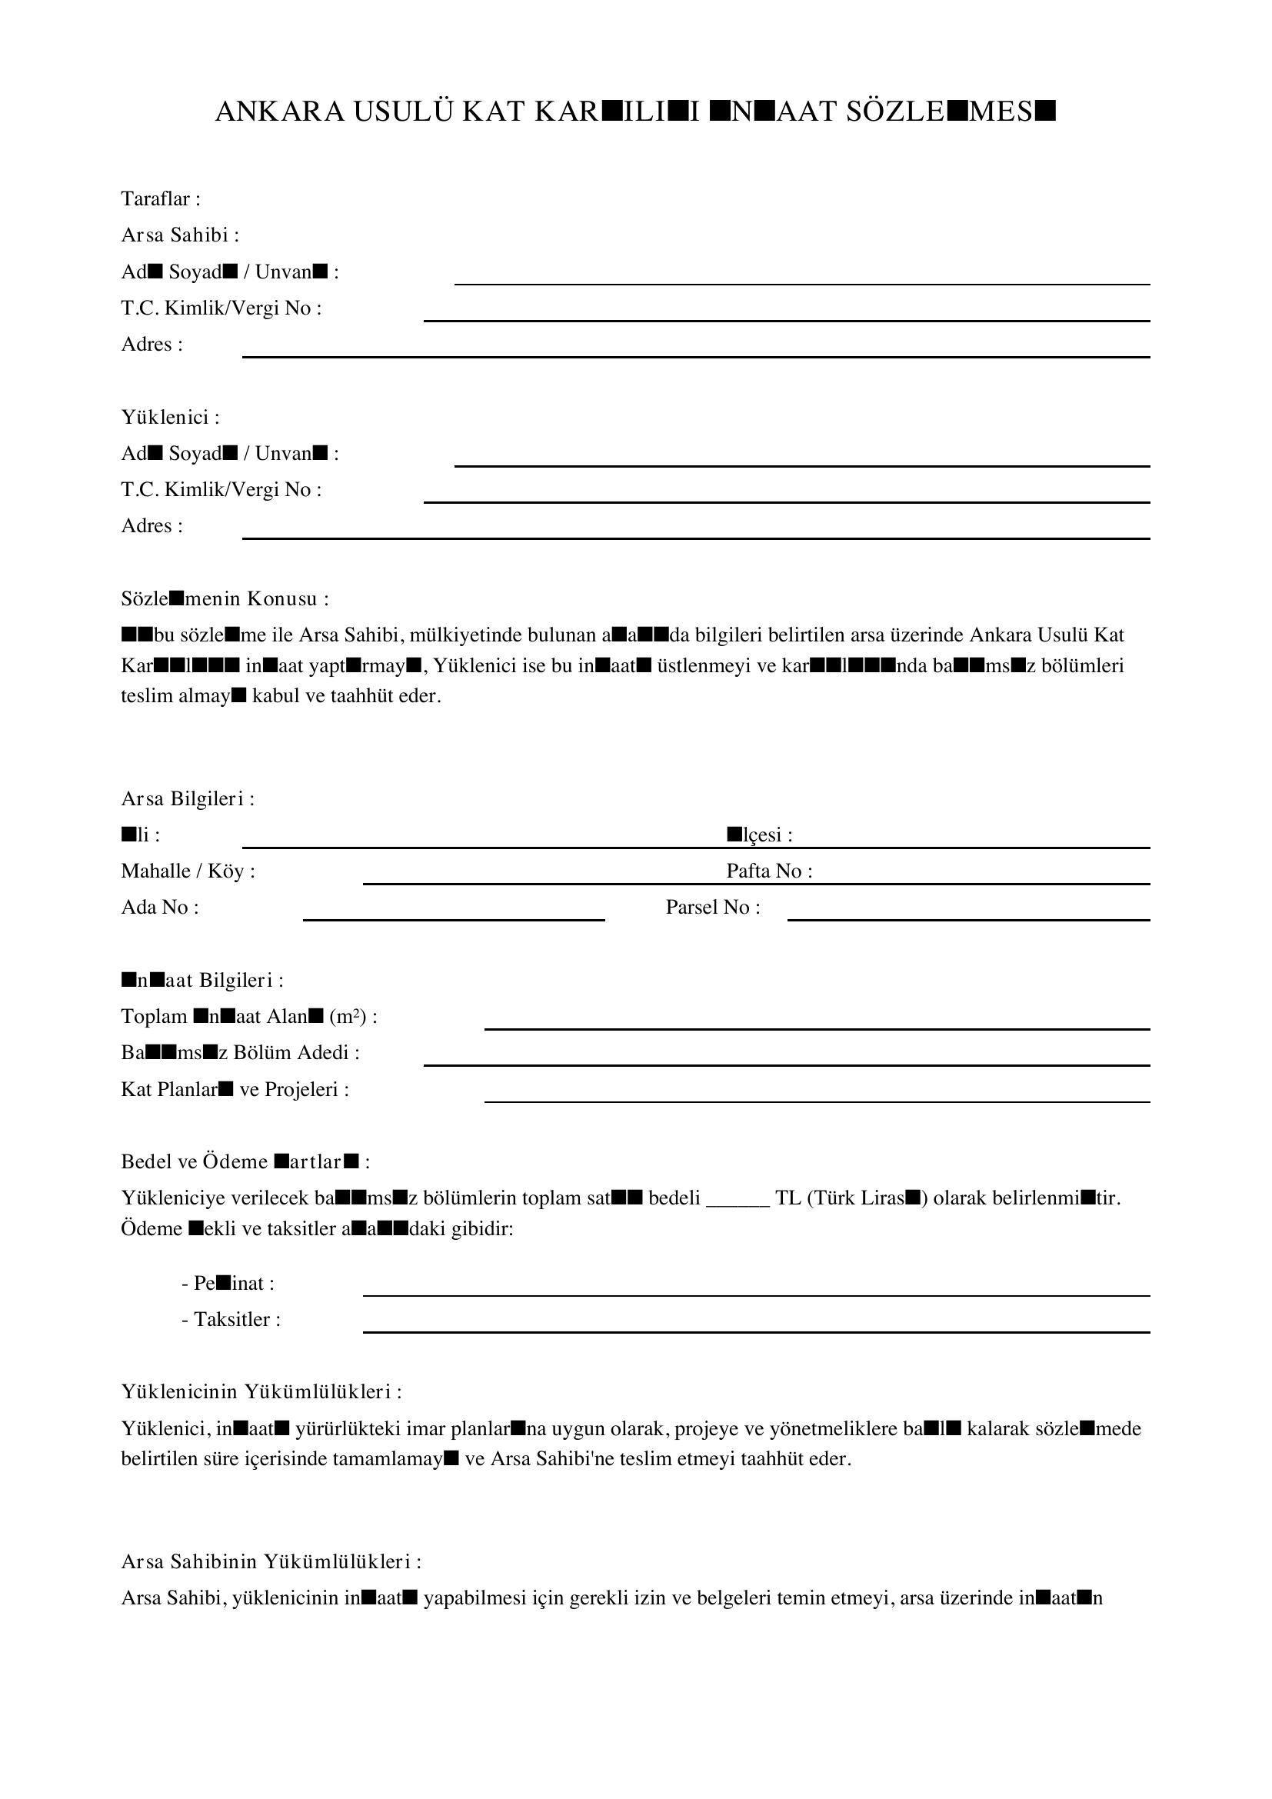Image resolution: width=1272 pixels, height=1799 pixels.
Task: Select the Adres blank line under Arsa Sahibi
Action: (695, 356)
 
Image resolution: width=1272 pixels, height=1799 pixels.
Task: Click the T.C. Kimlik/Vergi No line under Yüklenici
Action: (787, 501)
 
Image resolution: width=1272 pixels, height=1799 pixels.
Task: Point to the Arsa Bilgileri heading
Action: (187, 799)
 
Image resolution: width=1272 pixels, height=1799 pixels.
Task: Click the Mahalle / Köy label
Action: (188, 871)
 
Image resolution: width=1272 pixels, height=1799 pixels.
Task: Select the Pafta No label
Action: (768, 871)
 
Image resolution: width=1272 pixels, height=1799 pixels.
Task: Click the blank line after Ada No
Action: (454, 919)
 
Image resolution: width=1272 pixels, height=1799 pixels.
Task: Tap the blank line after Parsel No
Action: (968, 919)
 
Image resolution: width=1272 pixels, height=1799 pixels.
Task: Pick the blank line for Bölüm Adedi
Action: (787, 1064)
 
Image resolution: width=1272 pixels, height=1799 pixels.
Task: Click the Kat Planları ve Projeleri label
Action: (235, 1090)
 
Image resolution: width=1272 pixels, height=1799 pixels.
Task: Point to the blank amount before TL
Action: (738, 1199)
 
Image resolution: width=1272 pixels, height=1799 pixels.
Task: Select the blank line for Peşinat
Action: (756, 1295)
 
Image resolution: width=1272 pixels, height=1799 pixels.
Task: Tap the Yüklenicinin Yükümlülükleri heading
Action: (261, 1392)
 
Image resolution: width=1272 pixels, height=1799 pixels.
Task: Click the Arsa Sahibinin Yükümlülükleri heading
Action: (271, 1561)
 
